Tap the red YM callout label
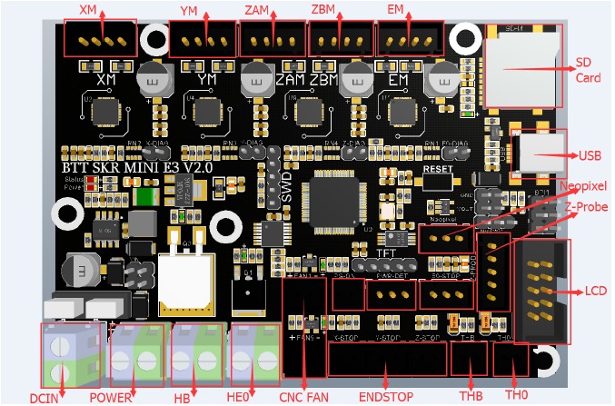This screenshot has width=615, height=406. coord(189,10)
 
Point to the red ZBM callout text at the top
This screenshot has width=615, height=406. coord(324,10)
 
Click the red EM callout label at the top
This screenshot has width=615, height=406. coord(395,10)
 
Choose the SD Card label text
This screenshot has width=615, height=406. coord(588,72)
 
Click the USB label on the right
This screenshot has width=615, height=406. coord(589,154)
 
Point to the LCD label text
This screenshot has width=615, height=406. coord(595,292)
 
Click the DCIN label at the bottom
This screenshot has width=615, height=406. coord(45,397)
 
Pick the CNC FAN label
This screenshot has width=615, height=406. coord(304,397)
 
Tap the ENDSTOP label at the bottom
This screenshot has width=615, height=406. coord(385,397)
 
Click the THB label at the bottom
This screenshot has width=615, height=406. coord(470,397)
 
